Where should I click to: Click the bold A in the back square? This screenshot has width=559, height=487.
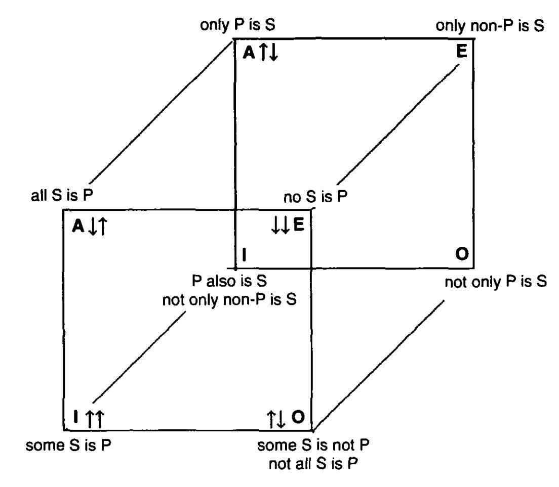(249, 53)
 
